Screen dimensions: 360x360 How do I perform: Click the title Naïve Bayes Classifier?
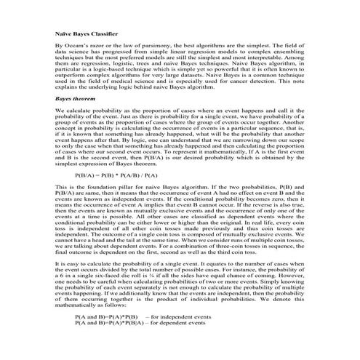click(85, 33)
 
